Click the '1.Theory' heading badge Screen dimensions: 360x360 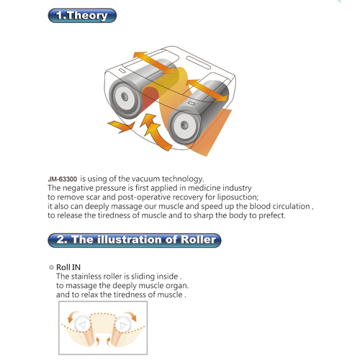pos(82,16)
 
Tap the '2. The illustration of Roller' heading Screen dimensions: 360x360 pos(135,240)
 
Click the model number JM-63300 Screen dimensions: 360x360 pos(63,179)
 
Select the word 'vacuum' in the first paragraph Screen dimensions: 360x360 pos(146,179)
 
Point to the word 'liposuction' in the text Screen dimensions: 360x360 pos(237,197)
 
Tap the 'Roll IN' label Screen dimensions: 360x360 pos(68,267)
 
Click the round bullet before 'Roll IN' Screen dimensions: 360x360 pos(51,267)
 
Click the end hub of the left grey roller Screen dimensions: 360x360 pos(125,97)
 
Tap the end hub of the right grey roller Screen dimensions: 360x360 pos(184,125)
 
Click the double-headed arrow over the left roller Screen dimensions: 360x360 pos(154,62)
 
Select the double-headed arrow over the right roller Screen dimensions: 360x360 pos(207,90)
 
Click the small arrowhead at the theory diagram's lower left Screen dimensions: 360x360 pos(122,126)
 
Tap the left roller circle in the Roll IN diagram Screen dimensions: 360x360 pos(82,324)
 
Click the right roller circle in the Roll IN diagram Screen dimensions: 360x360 pos(122,325)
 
